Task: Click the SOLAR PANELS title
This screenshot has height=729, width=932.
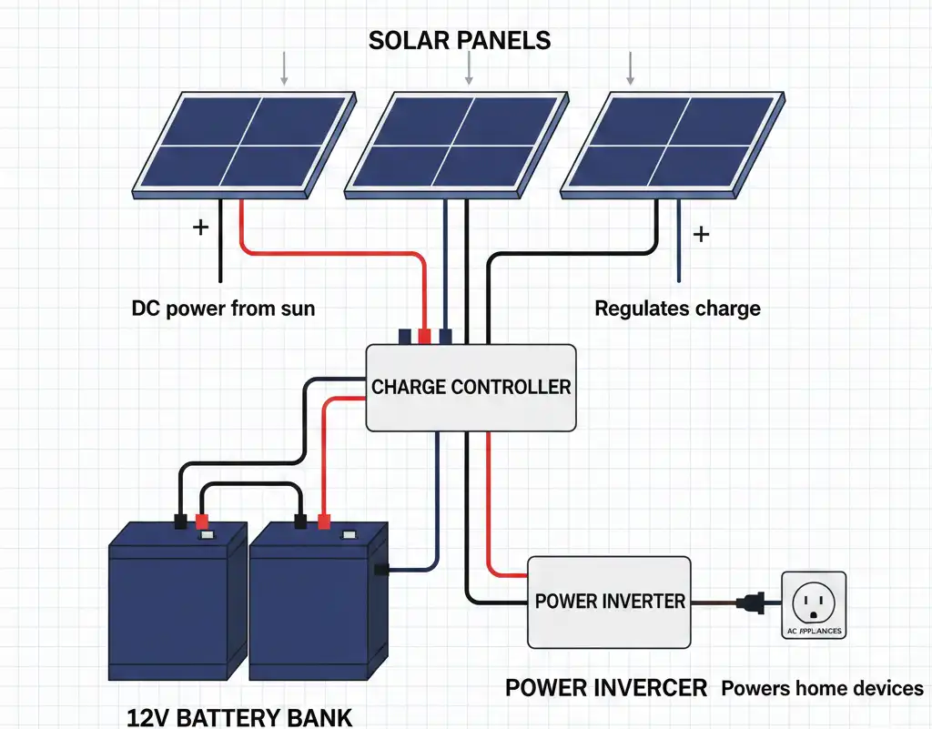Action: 460,41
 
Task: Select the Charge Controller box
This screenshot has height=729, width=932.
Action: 471,387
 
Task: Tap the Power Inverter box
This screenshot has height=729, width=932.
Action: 609,601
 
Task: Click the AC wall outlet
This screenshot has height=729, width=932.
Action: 813,604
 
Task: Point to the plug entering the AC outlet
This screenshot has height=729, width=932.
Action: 755,602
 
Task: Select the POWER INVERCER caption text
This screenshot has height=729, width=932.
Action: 605,688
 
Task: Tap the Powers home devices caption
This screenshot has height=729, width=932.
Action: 822,688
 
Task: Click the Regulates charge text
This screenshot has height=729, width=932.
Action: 677,309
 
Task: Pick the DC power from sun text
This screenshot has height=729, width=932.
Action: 223,309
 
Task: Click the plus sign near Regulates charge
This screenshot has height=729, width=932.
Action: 701,235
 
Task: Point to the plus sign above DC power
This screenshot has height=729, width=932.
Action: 200,227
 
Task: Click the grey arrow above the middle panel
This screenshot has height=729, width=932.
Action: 468,67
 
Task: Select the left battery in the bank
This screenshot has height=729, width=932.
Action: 177,601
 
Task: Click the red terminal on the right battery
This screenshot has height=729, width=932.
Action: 323,521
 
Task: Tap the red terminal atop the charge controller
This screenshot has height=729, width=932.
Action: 424,336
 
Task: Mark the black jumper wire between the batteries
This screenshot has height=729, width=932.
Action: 251,487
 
